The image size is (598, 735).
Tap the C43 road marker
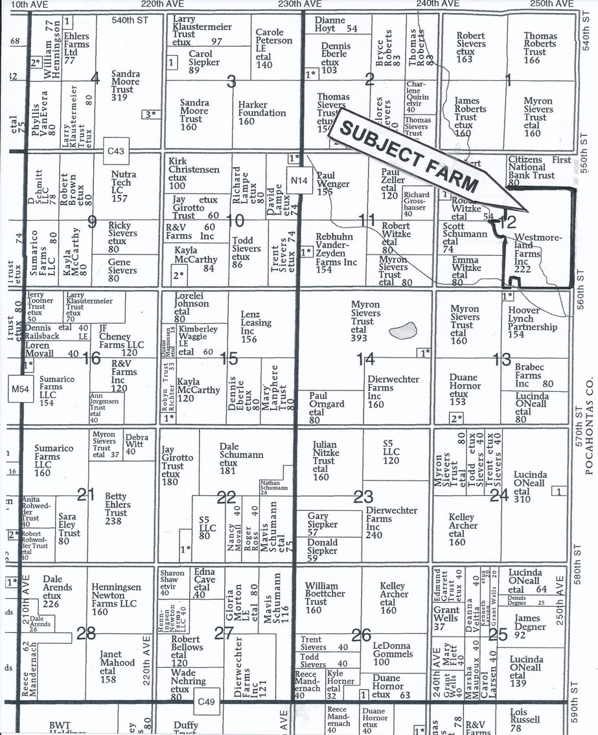118,151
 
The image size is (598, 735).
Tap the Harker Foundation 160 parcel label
262,113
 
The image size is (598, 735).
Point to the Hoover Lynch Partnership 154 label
531,322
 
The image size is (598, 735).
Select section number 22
226,497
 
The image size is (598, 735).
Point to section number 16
92,357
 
